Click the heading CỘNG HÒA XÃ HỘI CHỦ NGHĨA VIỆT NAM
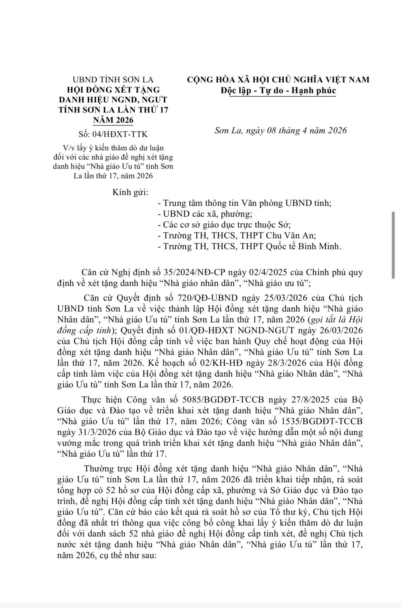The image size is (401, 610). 278,80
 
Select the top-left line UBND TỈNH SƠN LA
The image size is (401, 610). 113,80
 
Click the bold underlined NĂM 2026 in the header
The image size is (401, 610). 113,120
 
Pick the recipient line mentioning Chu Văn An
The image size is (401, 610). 240,235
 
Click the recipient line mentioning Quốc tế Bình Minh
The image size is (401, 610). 250,246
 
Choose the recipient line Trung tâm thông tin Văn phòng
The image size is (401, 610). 245,203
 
